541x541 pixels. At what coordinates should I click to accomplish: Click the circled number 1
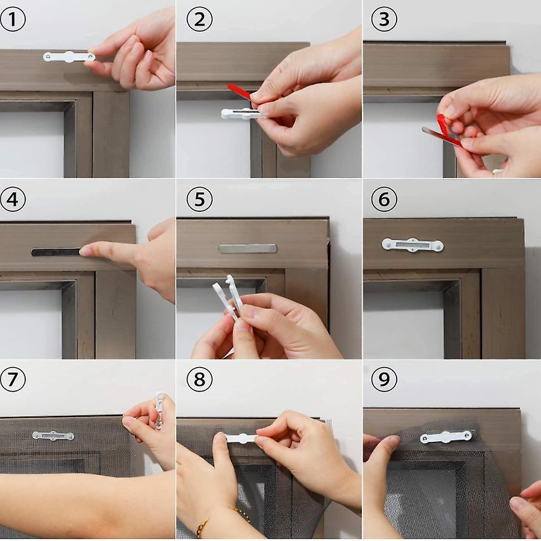pos(12,20)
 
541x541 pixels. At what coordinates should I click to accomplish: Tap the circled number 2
pos(199,20)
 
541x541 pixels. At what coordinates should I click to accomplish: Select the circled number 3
pos(384,20)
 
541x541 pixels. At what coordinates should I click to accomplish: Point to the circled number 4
pos(12,200)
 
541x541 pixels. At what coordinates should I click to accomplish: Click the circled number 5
pos(199,200)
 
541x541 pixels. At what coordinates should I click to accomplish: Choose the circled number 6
pos(384,200)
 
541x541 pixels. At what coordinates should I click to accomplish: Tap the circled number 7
pos(12,380)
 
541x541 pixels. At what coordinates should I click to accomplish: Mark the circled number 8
pos(199,380)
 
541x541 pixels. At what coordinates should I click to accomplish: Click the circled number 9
pos(384,380)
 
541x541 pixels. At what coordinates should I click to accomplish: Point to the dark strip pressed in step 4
pos(56,252)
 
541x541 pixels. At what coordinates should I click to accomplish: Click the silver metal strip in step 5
pos(247,249)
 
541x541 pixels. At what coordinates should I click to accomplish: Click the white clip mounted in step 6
pos(412,245)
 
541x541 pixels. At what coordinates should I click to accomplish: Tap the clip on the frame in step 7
pos(53,436)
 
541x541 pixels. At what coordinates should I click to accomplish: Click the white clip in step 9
pos(446,437)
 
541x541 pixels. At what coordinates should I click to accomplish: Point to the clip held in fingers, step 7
pos(160,410)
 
